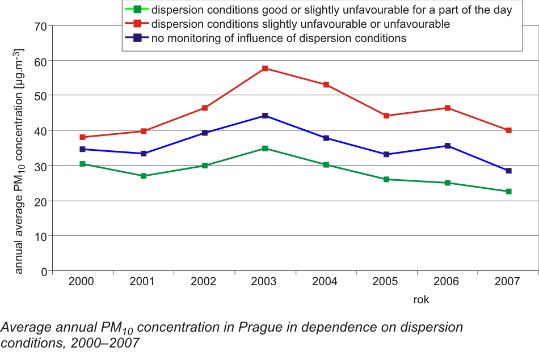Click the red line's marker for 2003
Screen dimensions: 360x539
tap(264, 69)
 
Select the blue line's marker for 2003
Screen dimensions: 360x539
tap(264, 116)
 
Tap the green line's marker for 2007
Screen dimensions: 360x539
tap(508, 192)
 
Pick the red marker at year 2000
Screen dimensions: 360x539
tap(82, 137)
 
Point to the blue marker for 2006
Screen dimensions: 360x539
tap(448, 146)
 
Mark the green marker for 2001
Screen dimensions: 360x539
tap(144, 176)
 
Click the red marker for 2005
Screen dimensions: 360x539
tap(386, 116)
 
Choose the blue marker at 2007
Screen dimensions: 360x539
tap(508, 171)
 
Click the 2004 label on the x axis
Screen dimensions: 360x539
tap(326, 282)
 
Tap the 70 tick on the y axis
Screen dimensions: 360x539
tap(40, 26)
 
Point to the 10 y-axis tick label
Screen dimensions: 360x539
tap(40, 236)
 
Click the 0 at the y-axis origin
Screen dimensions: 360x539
tap(43, 272)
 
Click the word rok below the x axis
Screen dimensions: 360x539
tap(421, 300)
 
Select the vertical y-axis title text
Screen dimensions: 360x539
tap(19, 162)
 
